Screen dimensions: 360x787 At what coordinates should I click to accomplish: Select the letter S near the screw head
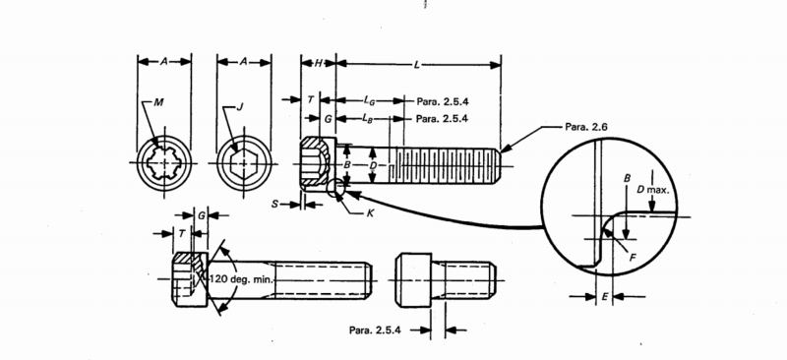[x=279, y=205]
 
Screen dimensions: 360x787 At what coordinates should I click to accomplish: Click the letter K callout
[x=370, y=212]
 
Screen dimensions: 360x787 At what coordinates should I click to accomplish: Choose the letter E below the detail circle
[x=605, y=295]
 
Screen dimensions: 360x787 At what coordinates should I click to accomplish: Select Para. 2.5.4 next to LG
[x=441, y=100]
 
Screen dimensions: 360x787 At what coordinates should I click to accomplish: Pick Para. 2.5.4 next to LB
[x=441, y=119]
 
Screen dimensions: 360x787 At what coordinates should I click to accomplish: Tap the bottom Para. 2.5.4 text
[x=380, y=330]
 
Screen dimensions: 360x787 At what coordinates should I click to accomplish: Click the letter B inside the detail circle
[x=626, y=176]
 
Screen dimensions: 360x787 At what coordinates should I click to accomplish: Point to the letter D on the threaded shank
[x=372, y=166]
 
